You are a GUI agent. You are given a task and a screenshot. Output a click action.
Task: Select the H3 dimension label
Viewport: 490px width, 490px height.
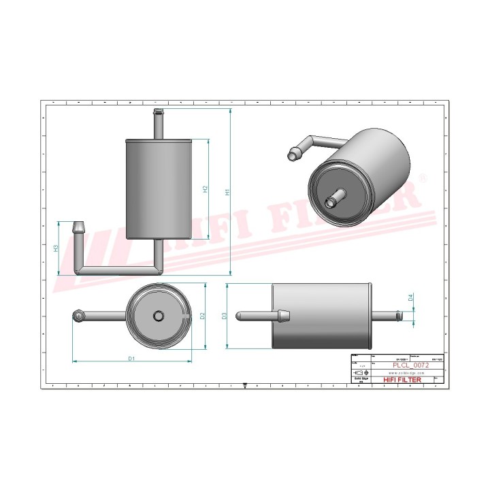(56, 248)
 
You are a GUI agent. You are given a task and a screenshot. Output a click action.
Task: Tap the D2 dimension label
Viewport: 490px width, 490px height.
(203, 315)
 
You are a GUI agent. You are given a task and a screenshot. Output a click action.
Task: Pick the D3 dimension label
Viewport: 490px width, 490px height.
(225, 315)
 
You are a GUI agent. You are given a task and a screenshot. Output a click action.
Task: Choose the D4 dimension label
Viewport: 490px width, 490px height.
(410, 297)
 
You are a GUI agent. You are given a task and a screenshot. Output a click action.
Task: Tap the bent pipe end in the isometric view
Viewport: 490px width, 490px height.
(294, 154)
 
